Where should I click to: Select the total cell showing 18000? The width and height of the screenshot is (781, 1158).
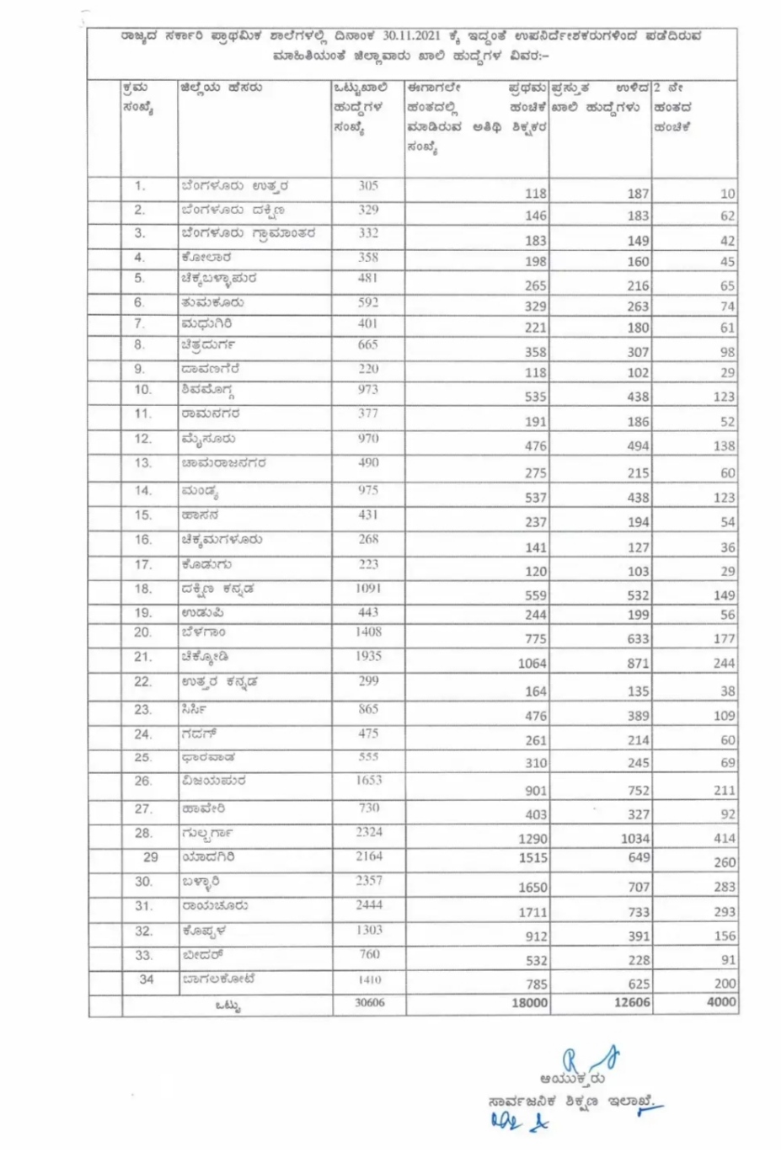click(527, 1002)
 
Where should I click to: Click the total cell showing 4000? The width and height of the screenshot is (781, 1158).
click(720, 1002)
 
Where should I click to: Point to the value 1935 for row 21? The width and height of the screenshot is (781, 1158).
click(368, 655)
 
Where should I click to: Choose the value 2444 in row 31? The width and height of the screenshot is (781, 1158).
click(368, 905)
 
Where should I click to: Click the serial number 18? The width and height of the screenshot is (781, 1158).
click(142, 589)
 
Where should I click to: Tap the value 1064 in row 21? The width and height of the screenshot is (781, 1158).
click(532, 664)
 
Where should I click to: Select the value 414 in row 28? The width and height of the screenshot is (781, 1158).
click(724, 838)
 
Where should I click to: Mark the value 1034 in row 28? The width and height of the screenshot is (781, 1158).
click(634, 838)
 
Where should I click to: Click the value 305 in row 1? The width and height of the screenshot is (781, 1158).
click(368, 185)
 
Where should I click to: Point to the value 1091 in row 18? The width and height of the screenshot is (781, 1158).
click(368, 588)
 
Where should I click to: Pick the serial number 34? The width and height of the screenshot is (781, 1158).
click(146, 979)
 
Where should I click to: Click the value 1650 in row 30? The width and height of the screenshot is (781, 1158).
click(532, 887)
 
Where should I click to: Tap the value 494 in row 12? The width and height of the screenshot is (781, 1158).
click(638, 446)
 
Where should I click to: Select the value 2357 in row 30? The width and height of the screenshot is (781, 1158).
click(368, 880)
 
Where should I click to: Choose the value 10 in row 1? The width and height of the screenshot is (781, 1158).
click(727, 194)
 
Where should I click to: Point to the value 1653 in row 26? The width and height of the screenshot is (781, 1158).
click(368, 780)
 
